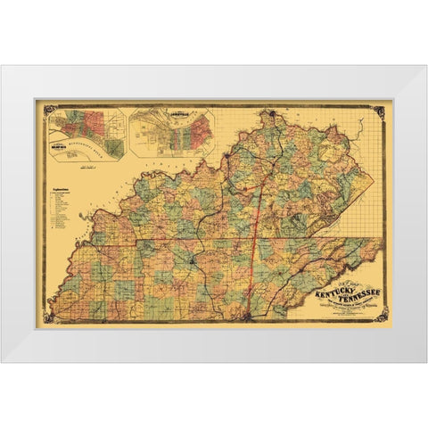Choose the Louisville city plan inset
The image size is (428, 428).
169,132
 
